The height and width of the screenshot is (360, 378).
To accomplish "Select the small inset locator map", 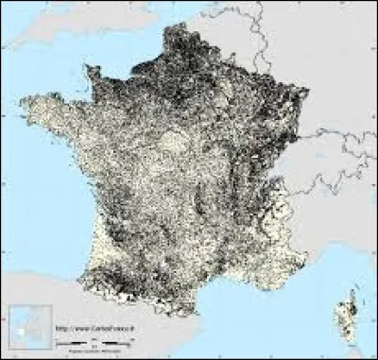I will [x=27, y=327].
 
